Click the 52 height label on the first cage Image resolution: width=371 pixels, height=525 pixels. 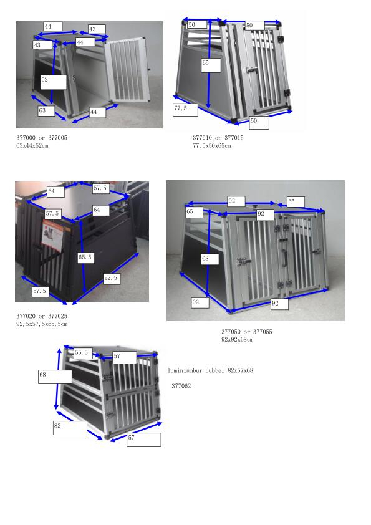[x=53, y=80]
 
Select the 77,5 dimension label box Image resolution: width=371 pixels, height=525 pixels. [x=185, y=110]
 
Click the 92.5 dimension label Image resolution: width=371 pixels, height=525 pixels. [x=112, y=278]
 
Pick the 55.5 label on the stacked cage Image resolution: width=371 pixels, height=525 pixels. [x=82, y=353]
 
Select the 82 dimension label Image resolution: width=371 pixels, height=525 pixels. [x=69, y=427]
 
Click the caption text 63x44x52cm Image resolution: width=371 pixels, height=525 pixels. [x=32, y=146]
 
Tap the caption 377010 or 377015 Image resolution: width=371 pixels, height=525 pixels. [x=218, y=138]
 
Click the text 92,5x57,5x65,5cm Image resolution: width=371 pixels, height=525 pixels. [x=42, y=324]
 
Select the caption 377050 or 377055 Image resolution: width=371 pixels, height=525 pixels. [x=246, y=332]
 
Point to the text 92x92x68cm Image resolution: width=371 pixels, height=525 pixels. [x=237, y=340]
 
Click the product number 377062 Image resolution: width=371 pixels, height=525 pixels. [x=181, y=387]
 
